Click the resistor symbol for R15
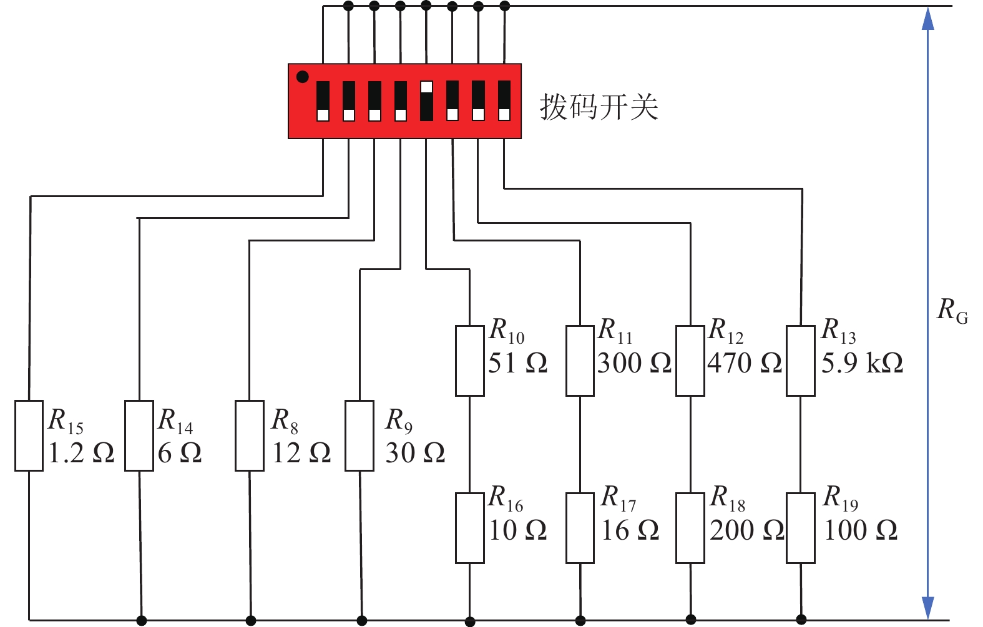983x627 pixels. [29, 435]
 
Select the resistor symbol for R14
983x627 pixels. [139, 435]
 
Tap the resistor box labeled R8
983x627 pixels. [250, 435]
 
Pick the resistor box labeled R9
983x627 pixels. [360, 435]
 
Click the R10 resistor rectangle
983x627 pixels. [470, 361]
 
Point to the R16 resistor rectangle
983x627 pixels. [470, 528]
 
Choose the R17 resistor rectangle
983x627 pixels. [580, 528]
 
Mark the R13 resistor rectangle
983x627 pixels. [801, 361]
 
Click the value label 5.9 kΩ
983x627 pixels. [862, 363]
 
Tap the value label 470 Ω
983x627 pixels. [745, 363]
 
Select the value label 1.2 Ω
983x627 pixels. [82, 454]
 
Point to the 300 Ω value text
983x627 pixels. [634, 363]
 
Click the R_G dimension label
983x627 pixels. [952, 310]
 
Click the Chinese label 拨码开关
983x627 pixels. [599, 107]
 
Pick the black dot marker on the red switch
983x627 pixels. [303, 77]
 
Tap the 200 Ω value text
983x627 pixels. [747, 530]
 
